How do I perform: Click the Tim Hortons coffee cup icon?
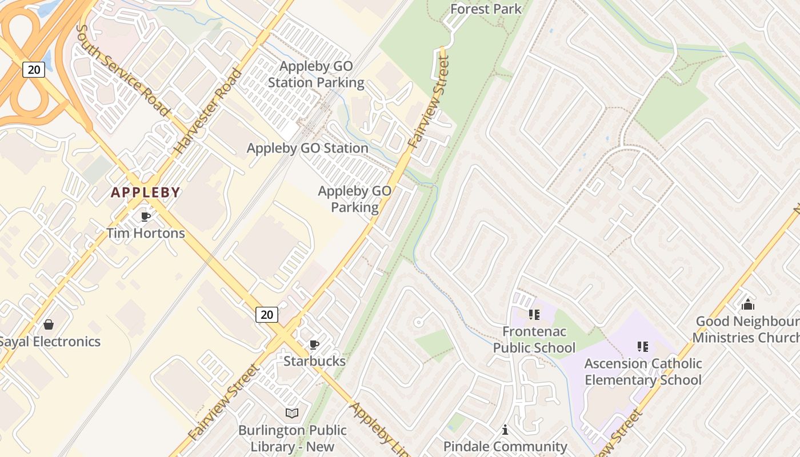coord(146,217)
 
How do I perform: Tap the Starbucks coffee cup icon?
coord(314,344)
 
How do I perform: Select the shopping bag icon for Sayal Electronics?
coord(49,324)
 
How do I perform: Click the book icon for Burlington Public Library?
coord(292,413)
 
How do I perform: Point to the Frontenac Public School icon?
coord(534,314)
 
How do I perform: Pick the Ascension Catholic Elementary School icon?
coord(643,346)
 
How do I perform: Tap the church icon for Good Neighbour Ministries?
coord(748,304)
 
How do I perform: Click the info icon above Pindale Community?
coord(505,430)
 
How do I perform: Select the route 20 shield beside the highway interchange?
coord(34,70)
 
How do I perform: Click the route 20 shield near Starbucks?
coord(267,314)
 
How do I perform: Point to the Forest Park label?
coord(486,9)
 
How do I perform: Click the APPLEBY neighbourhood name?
coord(146,193)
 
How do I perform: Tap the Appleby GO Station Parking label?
coord(316,74)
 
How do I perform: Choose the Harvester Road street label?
coord(208,111)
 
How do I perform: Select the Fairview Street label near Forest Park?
coord(429,103)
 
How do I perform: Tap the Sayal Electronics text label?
coord(50,342)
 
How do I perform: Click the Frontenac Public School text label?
coord(534,340)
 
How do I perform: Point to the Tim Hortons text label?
coord(146,233)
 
